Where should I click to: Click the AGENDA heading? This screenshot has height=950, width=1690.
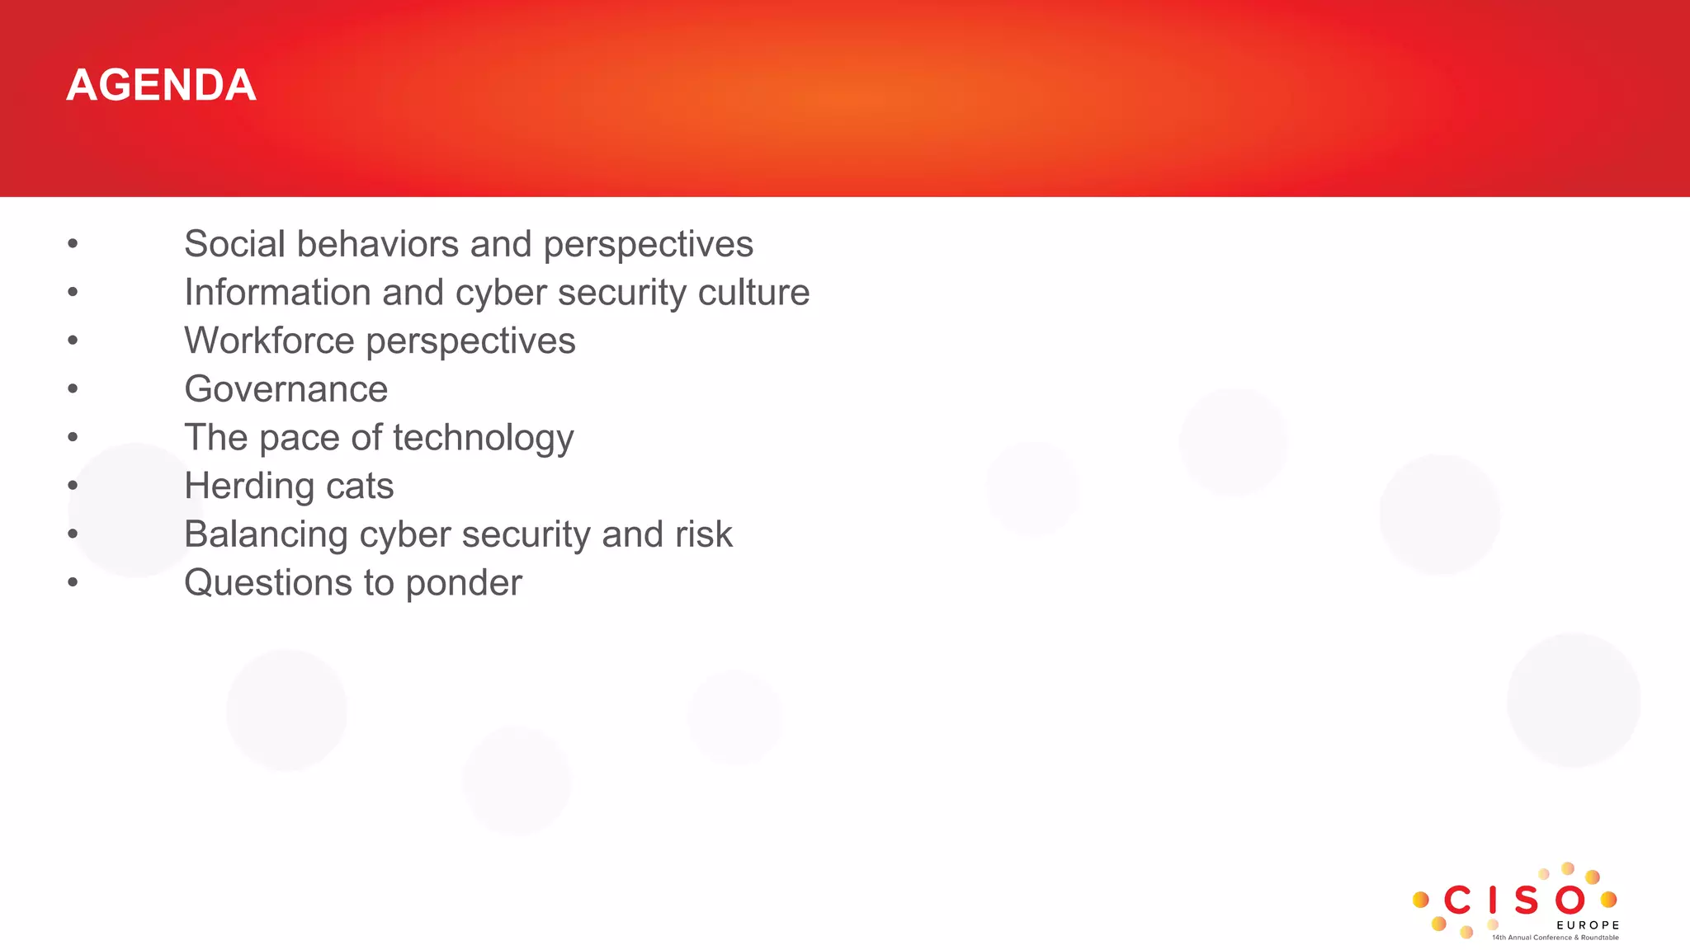point(161,86)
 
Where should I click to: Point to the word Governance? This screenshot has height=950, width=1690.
point(286,389)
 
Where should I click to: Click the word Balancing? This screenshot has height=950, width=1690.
point(266,534)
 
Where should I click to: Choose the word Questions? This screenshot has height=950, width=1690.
point(267,583)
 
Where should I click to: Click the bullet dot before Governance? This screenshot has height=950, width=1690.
point(73,388)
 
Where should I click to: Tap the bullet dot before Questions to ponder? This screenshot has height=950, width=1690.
point(73,582)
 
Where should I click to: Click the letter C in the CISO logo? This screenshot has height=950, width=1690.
point(1458,901)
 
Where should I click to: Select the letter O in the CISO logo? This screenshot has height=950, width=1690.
point(1570,901)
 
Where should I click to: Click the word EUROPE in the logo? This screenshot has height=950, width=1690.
point(1588,925)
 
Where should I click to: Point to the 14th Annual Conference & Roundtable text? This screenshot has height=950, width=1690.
point(1555,938)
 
